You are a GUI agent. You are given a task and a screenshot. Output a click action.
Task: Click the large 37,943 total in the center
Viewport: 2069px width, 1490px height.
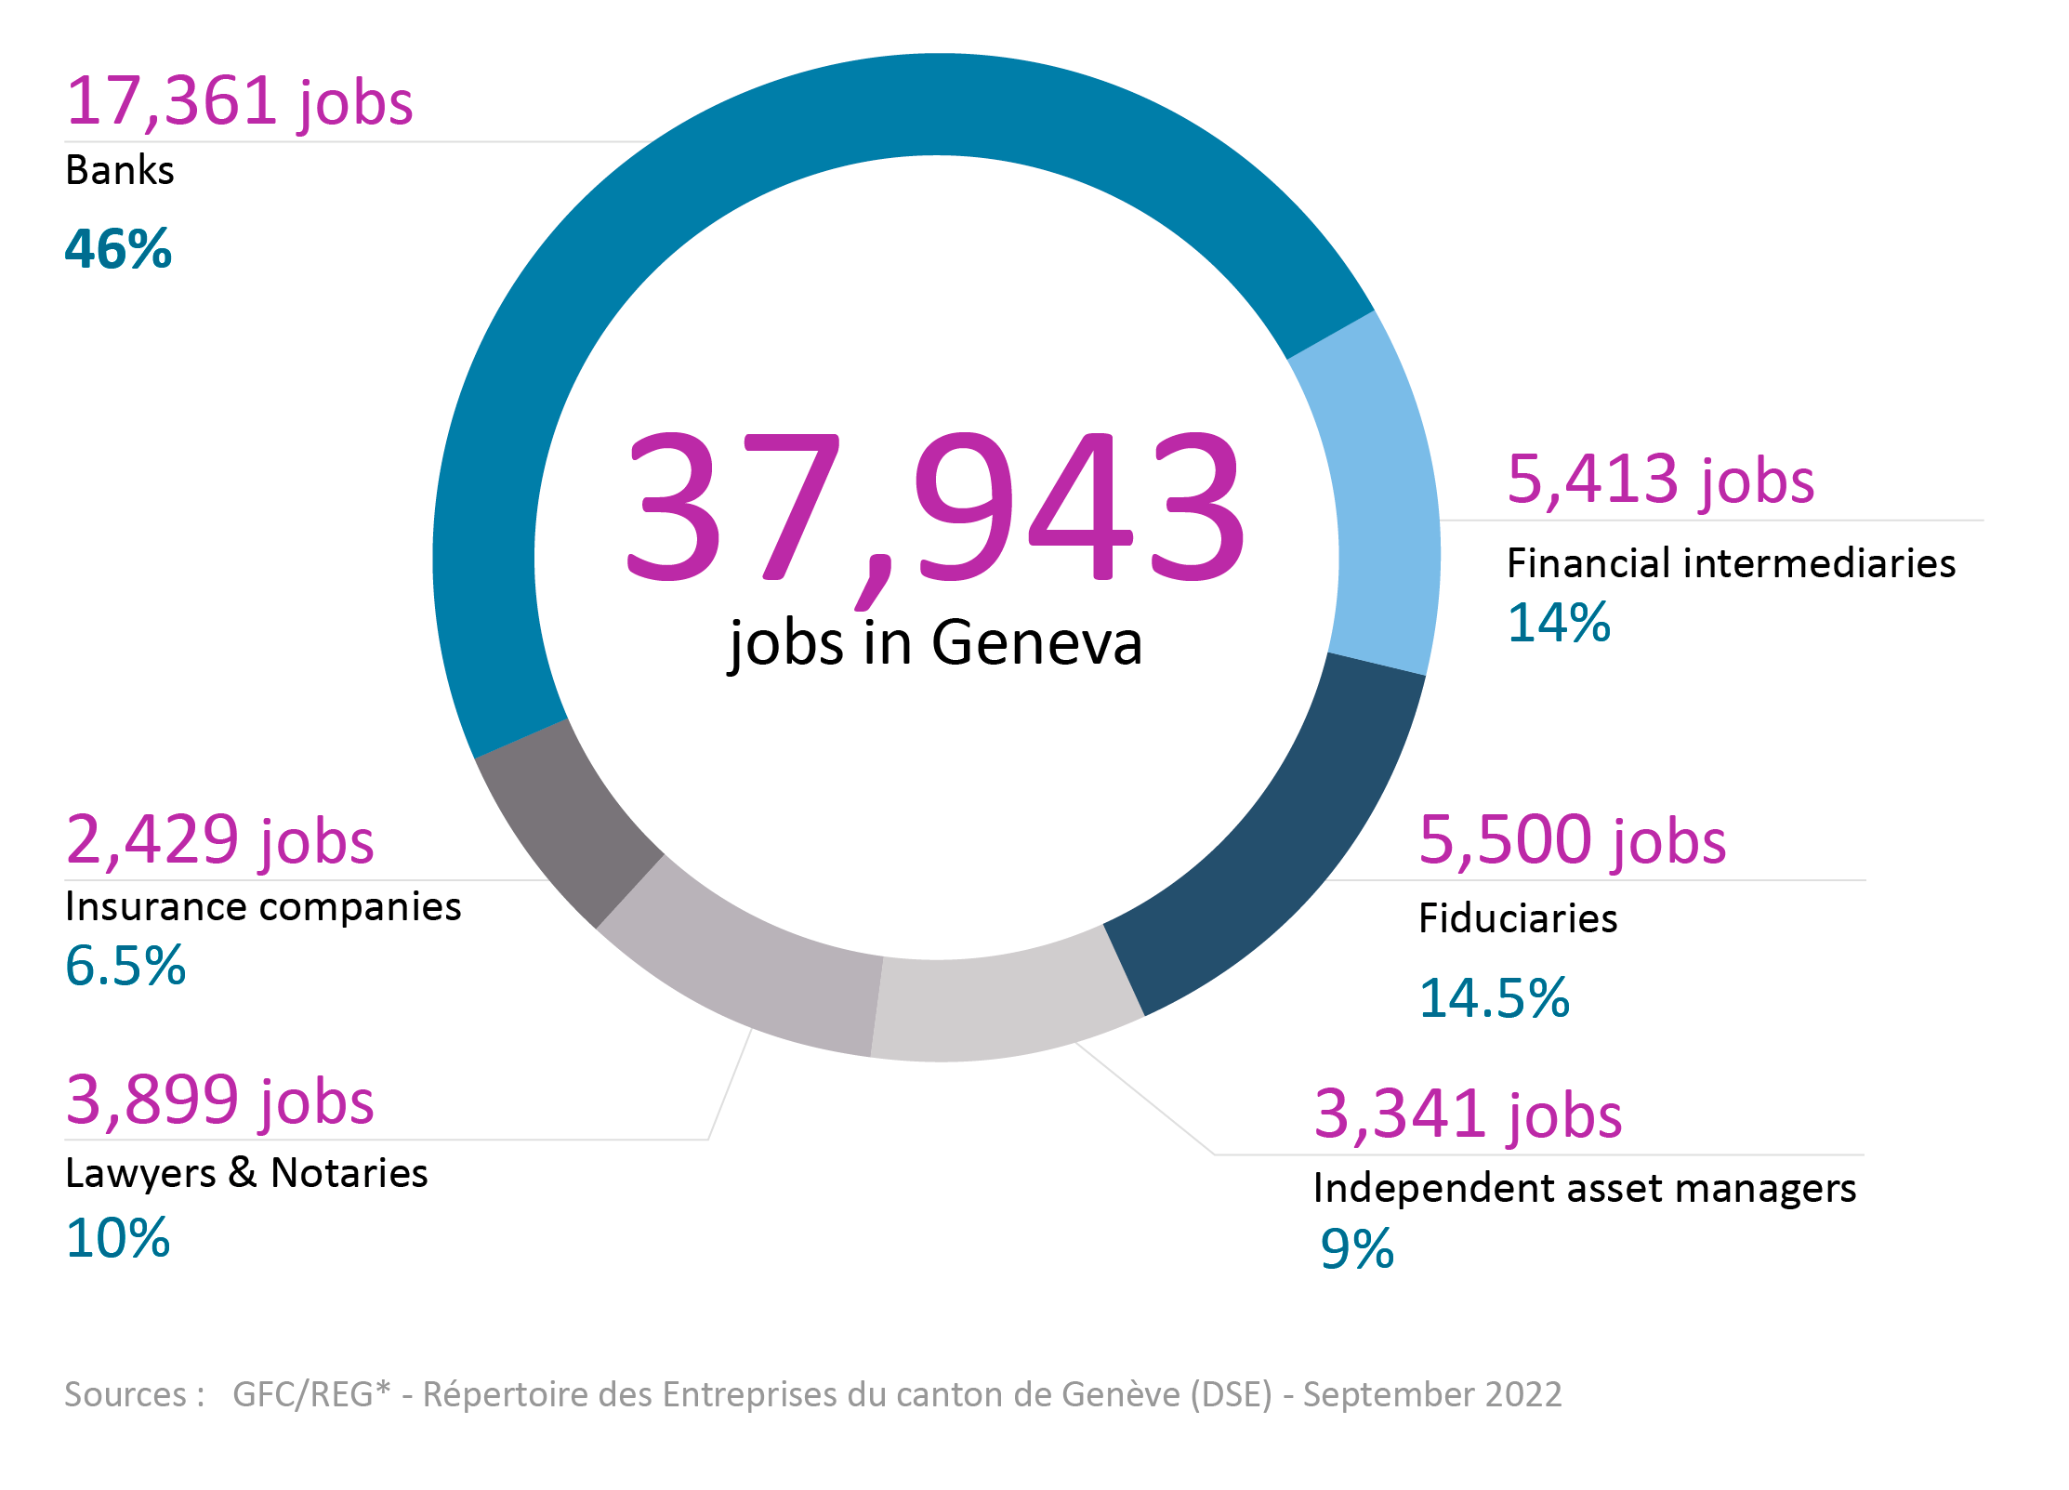pyautogui.click(x=934, y=507)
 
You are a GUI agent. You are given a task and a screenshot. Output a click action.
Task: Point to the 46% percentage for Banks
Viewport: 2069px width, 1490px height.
pyautogui.click(x=118, y=249)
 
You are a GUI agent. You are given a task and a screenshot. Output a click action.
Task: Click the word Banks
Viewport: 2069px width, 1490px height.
pyautogui.click(x=119, y=171)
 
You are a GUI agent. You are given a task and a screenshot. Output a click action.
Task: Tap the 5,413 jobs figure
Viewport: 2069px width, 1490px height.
pyautogui.click(x=1660, y=480)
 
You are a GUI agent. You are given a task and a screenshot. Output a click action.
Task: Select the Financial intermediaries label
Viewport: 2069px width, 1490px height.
pyautogui.click(x=1731, y=563)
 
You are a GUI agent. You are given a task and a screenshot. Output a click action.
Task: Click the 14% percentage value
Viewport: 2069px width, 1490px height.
pyautogui.click(x=1558, y=622)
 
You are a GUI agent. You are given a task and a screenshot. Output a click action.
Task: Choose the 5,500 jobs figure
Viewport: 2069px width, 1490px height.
pyautogui.click(x=1572, y=840)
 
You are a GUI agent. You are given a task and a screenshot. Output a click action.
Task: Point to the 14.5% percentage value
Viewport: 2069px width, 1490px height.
pyautogui.click(x=1494, y=998)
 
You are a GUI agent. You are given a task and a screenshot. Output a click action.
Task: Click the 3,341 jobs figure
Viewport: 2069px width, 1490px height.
pyautogui.click(x=1468, y=1114)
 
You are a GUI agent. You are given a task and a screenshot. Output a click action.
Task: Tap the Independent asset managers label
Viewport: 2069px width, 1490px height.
pyautogui.click(x=1584, y=1188)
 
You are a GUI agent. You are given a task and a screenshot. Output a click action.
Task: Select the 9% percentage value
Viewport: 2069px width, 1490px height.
pyautogui.click(x=1357, y=1248)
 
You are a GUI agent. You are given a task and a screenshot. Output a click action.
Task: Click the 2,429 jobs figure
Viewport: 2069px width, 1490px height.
pyautogui.click(x=219, y=840)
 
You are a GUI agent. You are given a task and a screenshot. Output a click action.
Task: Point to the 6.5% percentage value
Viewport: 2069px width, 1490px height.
pyautogui.click(x=125, y=965)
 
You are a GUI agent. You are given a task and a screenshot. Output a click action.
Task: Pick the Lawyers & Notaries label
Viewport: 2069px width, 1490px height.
pyautogui.click(x=246, y=1173)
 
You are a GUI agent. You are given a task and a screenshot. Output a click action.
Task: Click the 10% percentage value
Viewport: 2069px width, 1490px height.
pyautogui.click(x=118, y=1238)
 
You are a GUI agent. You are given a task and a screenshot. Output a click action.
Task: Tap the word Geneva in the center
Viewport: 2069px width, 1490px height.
pyautogui.click(x=1036, y=642)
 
